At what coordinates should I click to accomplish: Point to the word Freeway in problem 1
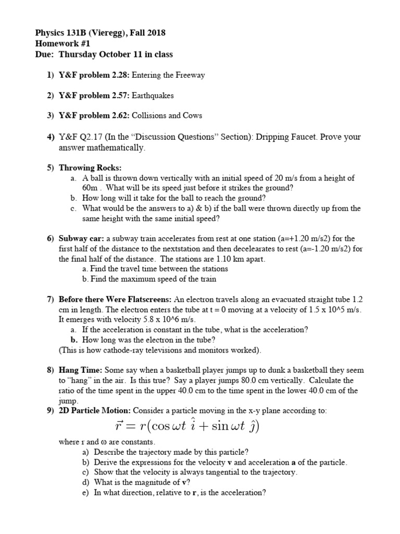pos(190,75)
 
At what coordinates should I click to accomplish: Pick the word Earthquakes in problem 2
pos(153,95)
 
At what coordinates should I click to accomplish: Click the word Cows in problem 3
pos(192,116)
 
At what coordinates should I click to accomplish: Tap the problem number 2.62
pos(118,116)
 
